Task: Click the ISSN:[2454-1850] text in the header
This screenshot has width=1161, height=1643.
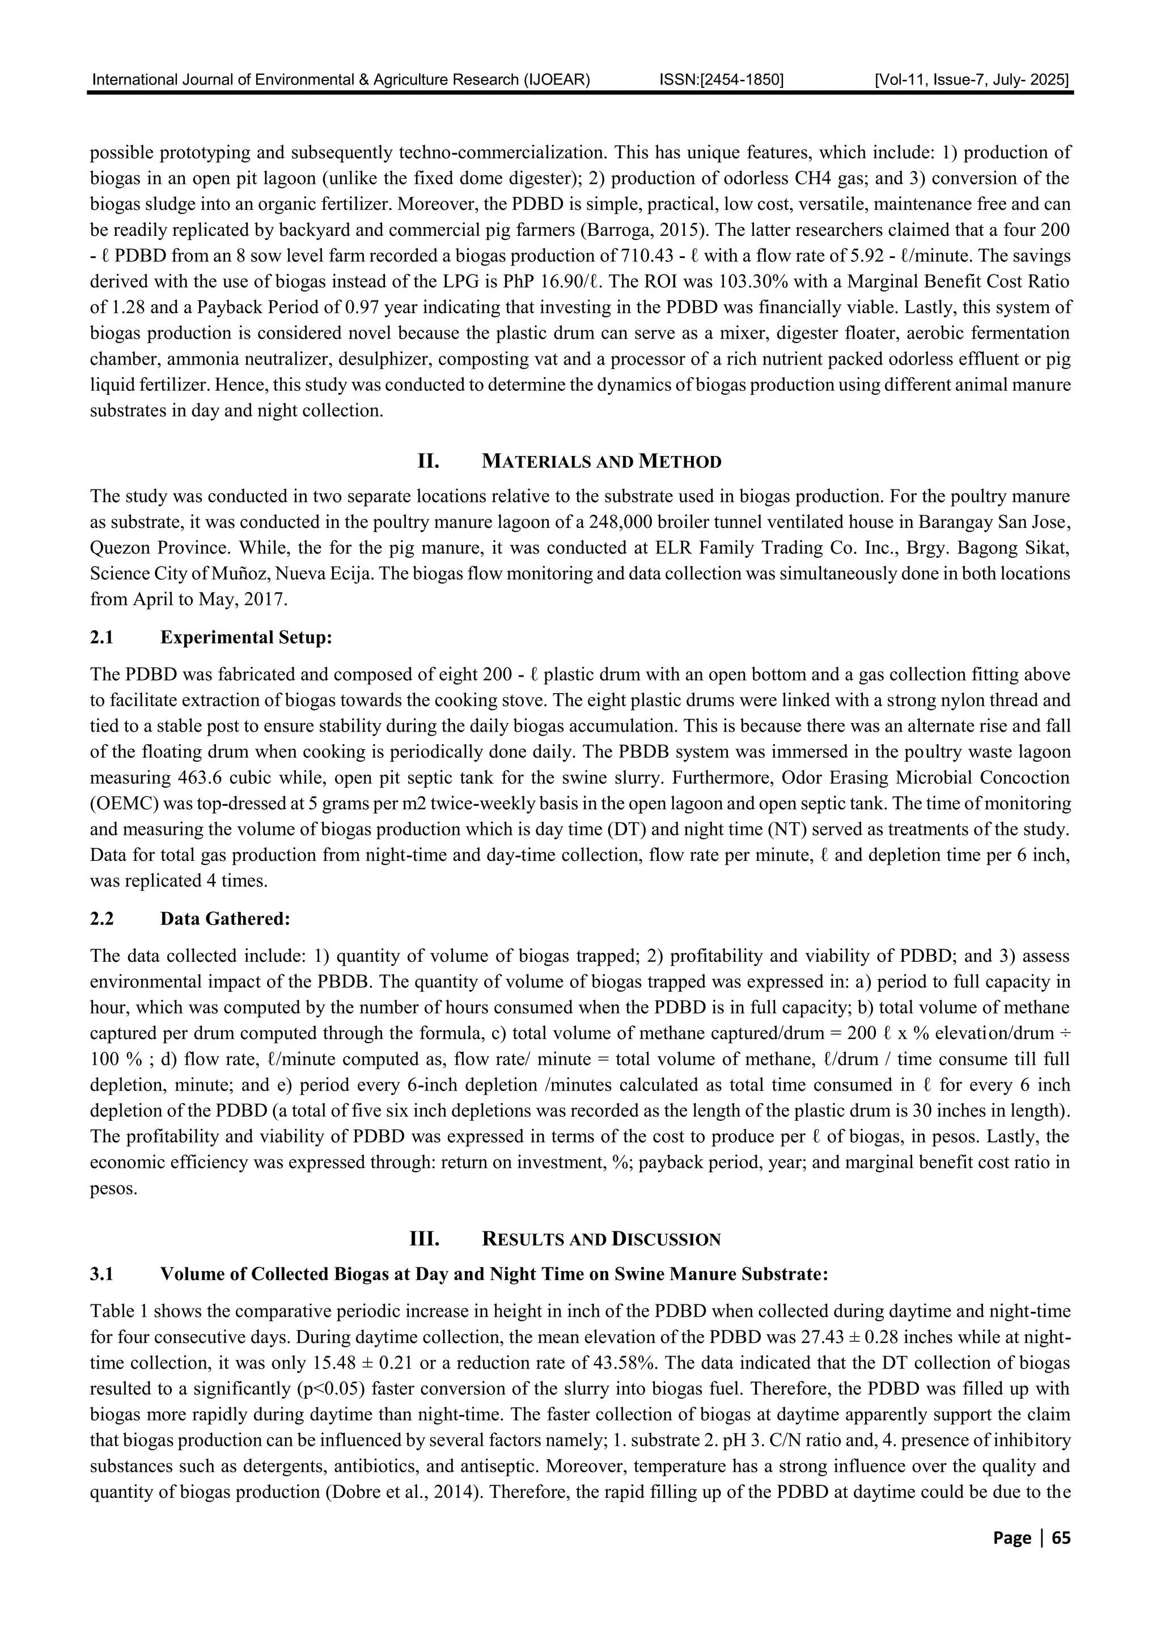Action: (x=721, y=80)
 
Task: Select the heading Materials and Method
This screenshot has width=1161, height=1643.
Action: (x=601, y=462)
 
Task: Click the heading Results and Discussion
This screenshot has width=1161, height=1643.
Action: (x=601, y=1239)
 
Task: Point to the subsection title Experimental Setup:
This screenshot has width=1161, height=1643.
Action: (x=246, y=637)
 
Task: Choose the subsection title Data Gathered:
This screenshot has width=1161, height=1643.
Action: (x=225, y=919)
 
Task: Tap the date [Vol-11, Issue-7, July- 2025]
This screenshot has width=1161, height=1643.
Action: (x=972, y=80)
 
